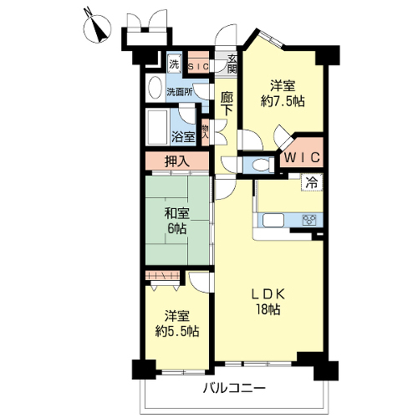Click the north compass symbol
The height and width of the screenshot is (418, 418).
(98, 27)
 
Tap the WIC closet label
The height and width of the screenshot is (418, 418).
(302, 158)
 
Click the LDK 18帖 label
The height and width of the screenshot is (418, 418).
(268, 302)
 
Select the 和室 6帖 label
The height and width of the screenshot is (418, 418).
(176, 221)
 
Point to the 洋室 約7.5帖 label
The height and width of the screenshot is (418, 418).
(283, 94)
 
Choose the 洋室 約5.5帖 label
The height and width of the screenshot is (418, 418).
(177, 324)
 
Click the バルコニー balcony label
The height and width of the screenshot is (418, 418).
(234, 388)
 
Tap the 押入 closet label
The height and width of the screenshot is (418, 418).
(177, 161)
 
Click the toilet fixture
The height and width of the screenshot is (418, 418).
(260, 165)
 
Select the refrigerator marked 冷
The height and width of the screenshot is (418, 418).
(312, 182)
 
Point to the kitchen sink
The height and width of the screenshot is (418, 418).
(273, 220)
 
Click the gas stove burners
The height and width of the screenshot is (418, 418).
(309, 219)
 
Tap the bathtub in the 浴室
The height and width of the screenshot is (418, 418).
(158, 126)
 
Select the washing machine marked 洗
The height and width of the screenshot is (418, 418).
(174, 65)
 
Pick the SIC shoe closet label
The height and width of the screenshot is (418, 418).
(198, 67)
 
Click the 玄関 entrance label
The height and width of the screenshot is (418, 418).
(232, 64)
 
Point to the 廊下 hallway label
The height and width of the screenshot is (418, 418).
(227, 104)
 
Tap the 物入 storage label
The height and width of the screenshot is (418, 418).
(205, 132)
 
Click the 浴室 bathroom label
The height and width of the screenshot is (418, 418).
(183, 136)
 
